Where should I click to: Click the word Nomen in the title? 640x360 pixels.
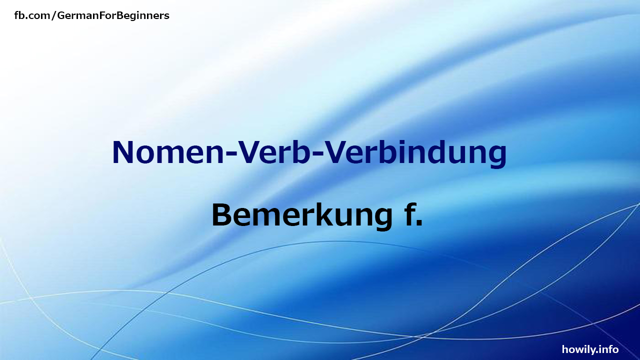point(166,152)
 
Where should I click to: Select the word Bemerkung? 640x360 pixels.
point(301,215)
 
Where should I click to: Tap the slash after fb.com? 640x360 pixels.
point(54,16)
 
